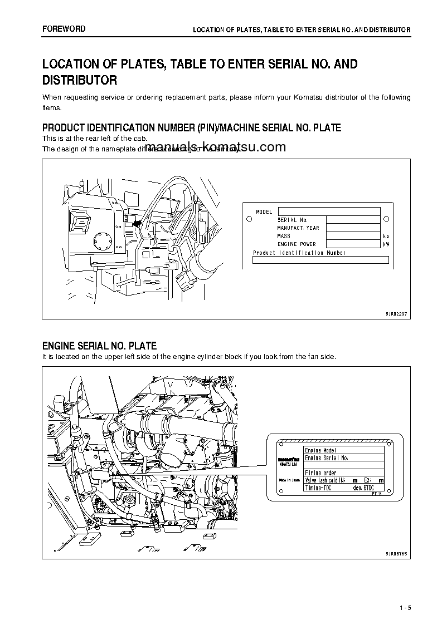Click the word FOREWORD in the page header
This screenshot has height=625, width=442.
pyautogui.click(x=64, y=28)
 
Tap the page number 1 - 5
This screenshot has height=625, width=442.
pyautogui.click(x=405, y=607)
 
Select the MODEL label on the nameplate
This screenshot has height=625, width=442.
pyautogui.click(x=264, y=212)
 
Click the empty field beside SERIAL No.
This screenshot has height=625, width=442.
pyautogui.click(x=353, y=220)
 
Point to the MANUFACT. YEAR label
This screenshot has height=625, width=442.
pyautogui.click(x=298, y=228)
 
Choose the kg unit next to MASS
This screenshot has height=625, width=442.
pyautogui.click(x=386, y=236)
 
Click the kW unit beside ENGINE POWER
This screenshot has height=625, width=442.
pyautogui.click(x=386, y=244)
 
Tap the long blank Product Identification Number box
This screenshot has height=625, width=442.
pyautogui.click(x=320, y=260)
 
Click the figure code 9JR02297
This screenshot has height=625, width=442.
pyautogui.click(x=396, y=314)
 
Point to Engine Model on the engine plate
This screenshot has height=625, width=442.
pyautogui.click(x=320, y=450)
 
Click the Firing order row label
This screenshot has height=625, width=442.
pyautogui.click(x=320, y=473)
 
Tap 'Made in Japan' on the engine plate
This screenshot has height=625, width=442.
pyautogui.click(x=289, y=480)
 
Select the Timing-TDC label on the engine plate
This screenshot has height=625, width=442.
pyautogui.click(x=318, y=488)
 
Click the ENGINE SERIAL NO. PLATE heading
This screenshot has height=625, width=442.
pyautogui.click(x=99, y=346)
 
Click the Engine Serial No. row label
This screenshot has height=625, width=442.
pyautogui.click(x=327, y=458)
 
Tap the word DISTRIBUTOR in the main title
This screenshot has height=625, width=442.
pyautogui.click(x=80, y=80)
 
